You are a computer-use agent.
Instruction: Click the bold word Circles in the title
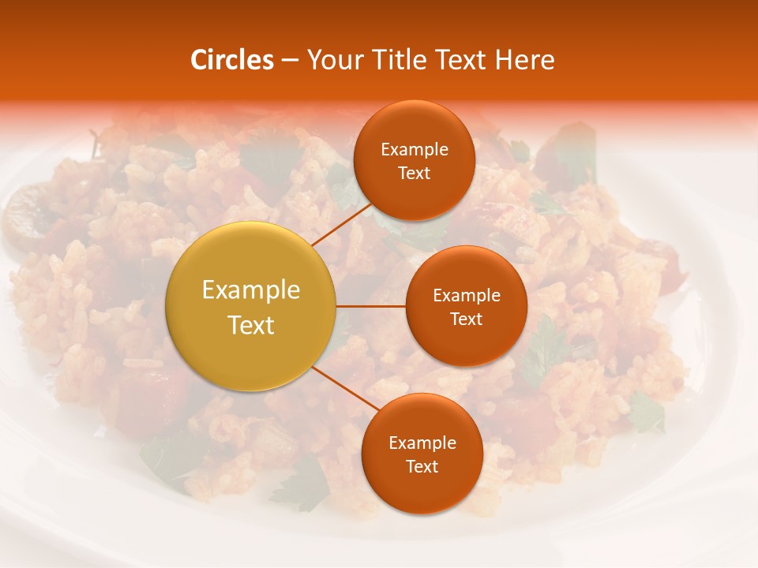coord(231,60)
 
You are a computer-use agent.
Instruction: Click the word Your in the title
coord(334,60)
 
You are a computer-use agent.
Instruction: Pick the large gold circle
coord(250,306)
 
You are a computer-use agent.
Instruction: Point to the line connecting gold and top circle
coord(341,223)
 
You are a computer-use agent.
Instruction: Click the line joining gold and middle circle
coord(370,306)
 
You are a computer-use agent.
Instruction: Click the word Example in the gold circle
coord(250,290)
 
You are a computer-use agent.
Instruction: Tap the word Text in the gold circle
coord(250,325)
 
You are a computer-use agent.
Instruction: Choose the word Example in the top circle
coord(414,150)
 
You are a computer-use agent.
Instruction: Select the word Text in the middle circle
coord(466,319)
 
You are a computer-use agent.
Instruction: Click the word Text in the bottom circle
coord(422,467)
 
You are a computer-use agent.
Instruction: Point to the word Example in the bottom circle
coord(422,443)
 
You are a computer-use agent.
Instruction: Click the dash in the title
coord(288,60)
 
